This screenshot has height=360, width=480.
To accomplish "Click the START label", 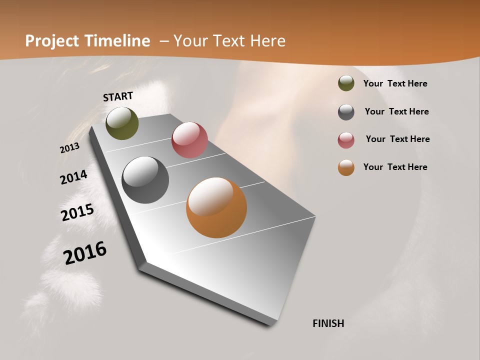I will tap(118, 96).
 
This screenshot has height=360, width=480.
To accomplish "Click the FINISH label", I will tap(328, 323).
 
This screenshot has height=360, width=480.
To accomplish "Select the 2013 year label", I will tap(69, 148).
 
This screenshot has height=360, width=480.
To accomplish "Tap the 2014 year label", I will tap(73, 177).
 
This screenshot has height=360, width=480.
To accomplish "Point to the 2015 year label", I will tap(77, 212).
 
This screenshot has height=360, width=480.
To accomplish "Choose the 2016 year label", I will tap(85, 253).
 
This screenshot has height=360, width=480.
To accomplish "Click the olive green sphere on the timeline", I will tap(122, 123).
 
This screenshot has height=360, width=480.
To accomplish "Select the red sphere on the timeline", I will tap(189, 140).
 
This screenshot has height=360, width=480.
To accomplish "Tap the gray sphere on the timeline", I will tap(145, 180).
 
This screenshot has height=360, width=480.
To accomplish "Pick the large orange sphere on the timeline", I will tap(216, 207).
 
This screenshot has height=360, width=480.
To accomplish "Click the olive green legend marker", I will tap(346, 83).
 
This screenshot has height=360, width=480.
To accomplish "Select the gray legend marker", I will tap(346, 112).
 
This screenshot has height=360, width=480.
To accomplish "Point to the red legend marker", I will tap(346, 140).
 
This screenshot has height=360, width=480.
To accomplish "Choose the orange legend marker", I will tap(346, 167).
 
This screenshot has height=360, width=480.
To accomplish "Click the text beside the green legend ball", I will tap(395, 84).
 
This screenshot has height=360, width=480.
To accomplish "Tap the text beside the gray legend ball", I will tap(396, 111).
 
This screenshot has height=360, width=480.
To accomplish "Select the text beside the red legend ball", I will tap(397, 139).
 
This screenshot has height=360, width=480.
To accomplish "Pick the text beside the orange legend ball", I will tap(395, 167).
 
